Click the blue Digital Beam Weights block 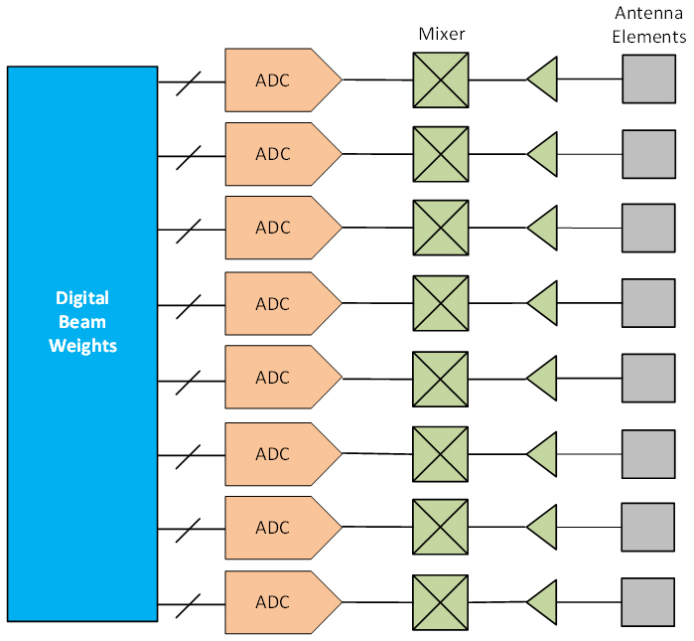tap(82, 343)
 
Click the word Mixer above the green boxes tap(441, 34)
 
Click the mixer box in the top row tap(441, 80)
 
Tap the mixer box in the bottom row tap(441, 601)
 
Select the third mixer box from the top tap(441, 228)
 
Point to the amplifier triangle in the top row tap(543, 80)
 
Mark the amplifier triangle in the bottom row tap(543, 601)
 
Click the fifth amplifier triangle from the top tap(543, 378)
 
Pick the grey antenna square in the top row tap(649, 80)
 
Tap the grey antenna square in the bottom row tap(649, 601)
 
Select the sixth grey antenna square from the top tap(649, 454)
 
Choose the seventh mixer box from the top tap(441, 526)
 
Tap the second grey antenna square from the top tap(649, 154)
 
